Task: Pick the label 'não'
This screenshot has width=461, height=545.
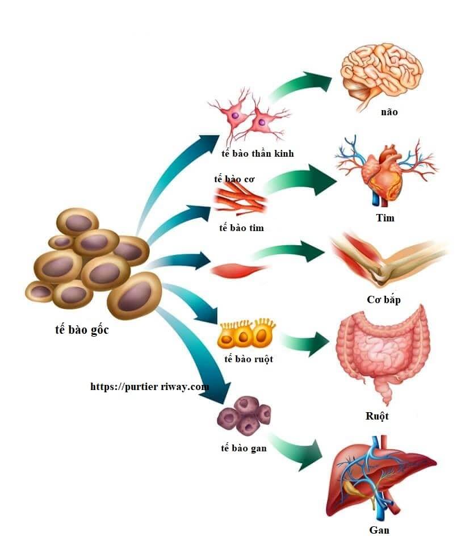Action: (389, 112)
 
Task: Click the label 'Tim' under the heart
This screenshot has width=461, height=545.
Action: (384, 217)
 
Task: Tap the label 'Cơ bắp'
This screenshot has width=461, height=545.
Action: (383, 300)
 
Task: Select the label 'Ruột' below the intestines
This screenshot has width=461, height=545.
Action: (377, 416)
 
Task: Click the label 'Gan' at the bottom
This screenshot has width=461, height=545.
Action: (379, 530)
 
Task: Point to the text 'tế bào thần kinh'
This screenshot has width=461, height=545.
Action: (258, 153)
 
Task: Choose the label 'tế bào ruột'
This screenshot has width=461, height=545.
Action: (248, 359)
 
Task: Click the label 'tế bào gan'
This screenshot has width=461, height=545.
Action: (244, 448)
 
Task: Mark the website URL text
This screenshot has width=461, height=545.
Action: (149, 387)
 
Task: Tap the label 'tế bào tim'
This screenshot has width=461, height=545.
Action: (241, 228)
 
